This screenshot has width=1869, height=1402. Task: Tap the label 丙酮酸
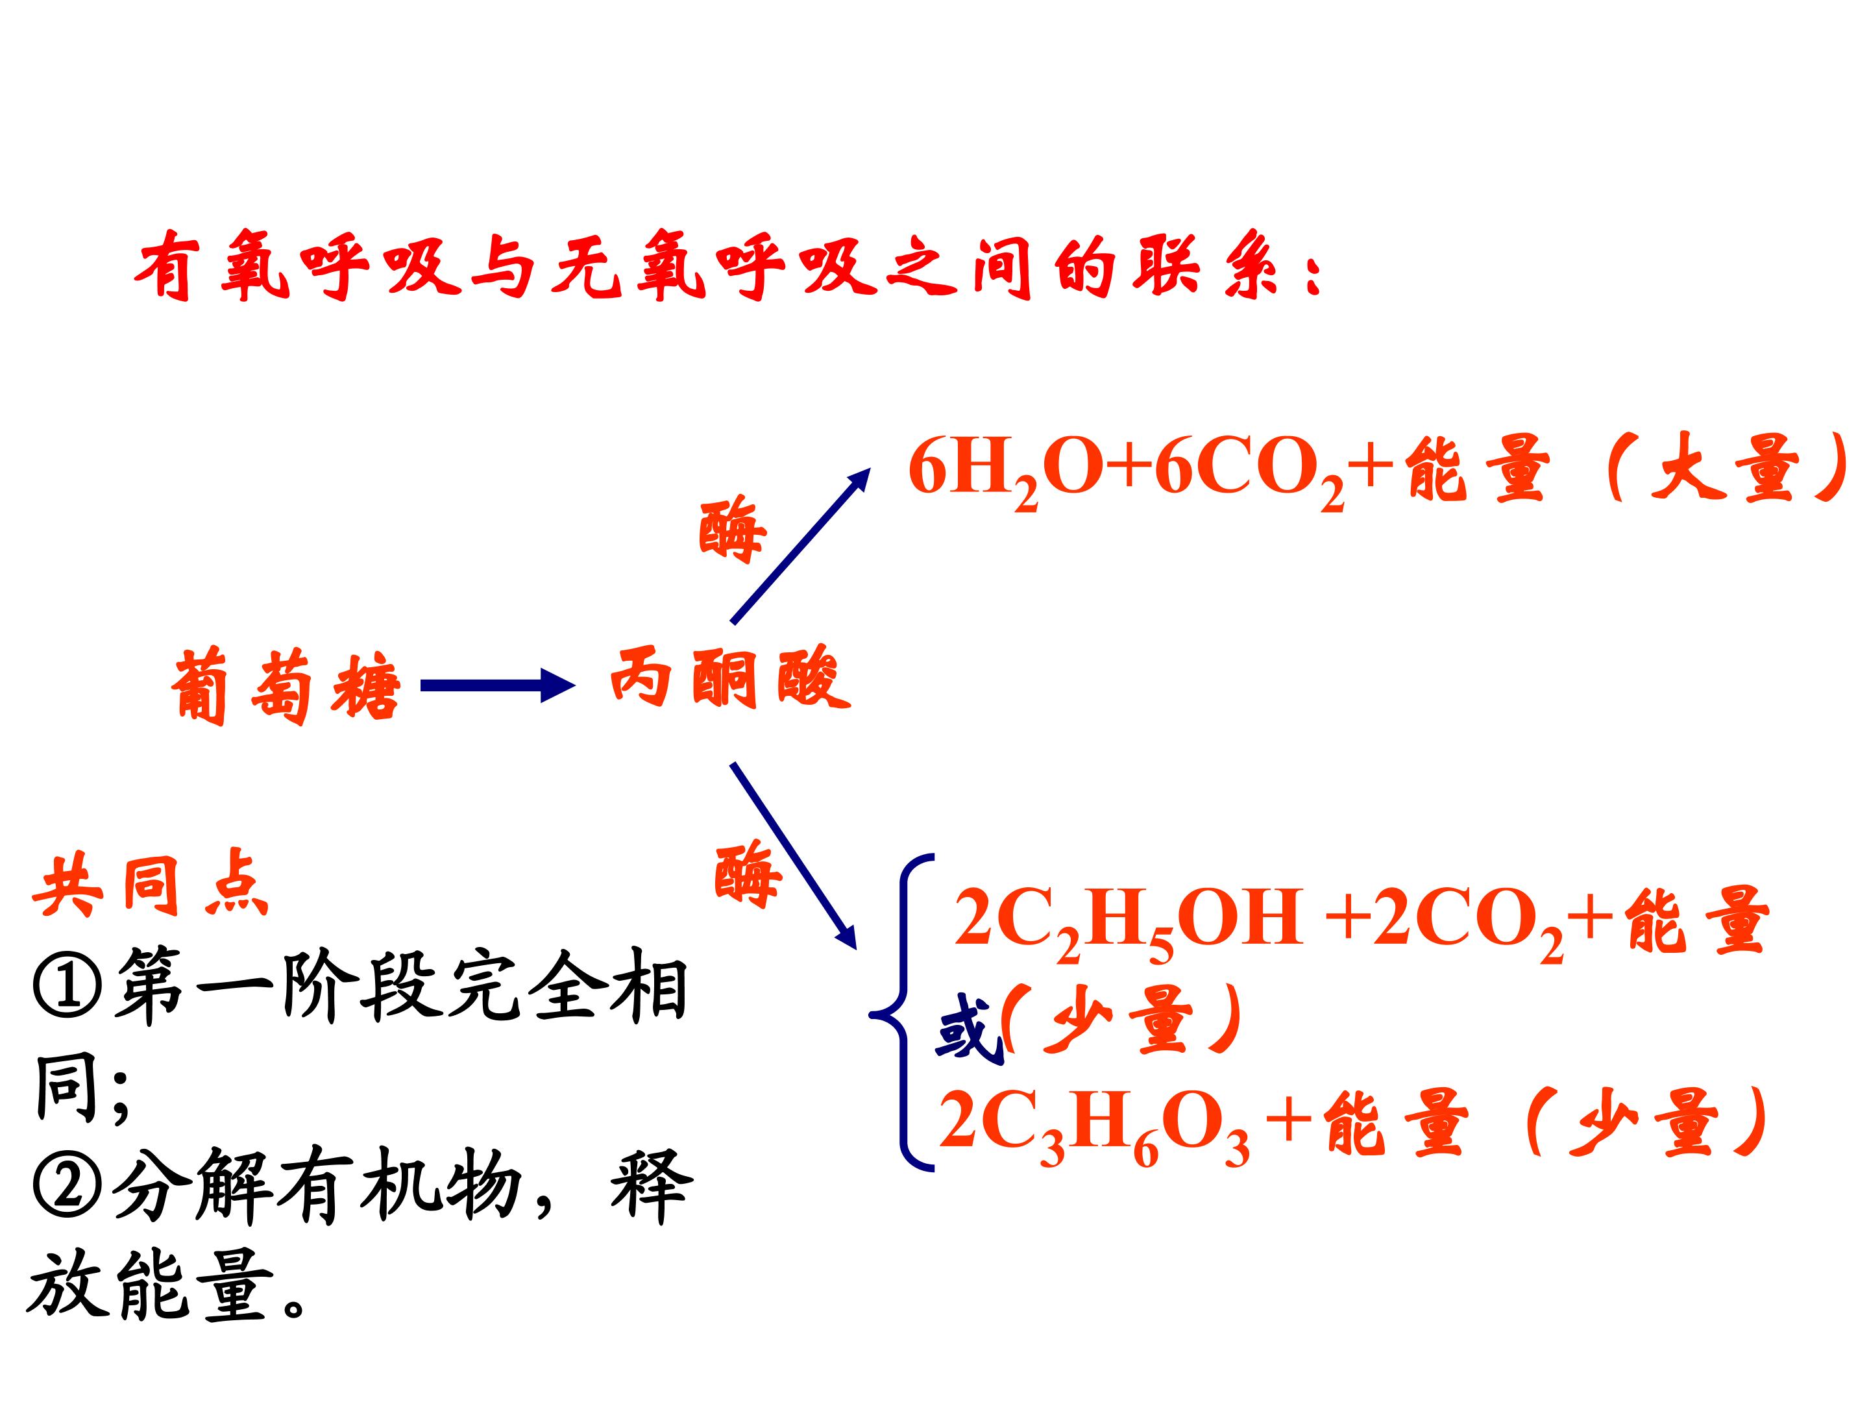point(729,678)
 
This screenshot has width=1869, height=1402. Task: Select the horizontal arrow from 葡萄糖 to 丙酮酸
point(498,685)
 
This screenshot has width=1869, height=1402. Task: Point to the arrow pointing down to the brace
point(794,855)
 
